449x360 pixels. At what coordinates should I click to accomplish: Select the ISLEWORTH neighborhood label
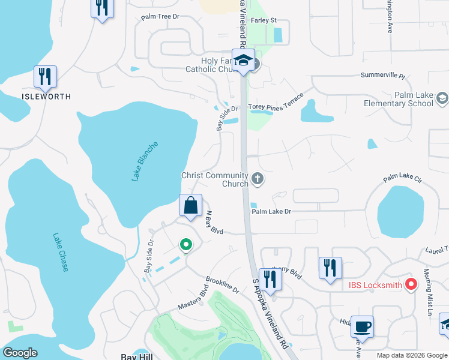pyautogui.click(x=46, y=96)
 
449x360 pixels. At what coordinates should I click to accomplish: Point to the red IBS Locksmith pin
pyautogui.click(x=411, y=284)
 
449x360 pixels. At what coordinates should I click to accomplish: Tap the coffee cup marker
pyautogui.click(x=362, y=327)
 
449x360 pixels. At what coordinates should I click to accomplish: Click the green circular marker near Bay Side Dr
pyautogui.click(x=186, y=244)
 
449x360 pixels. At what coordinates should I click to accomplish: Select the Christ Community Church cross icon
pyautogui.click(x=258, y=178)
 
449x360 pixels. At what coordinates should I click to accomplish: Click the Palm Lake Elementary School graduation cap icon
pyautogui.click(x=442, y=97)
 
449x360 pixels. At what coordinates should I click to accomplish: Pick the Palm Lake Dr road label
pyautogui.click(x=271, y=211)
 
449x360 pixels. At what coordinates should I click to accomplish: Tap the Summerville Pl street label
pyautogui.click(x=383, y=76)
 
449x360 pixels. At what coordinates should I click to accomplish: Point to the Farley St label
pyautogui.click(x=264, y=20)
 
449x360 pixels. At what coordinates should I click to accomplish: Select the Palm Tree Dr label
pyautogui.click(x=160, y=17)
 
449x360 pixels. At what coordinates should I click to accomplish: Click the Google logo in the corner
pyautogui.click(x=20, y=353)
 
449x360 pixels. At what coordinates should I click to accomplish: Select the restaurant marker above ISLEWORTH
pyautogui.click(x=46, y=76)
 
